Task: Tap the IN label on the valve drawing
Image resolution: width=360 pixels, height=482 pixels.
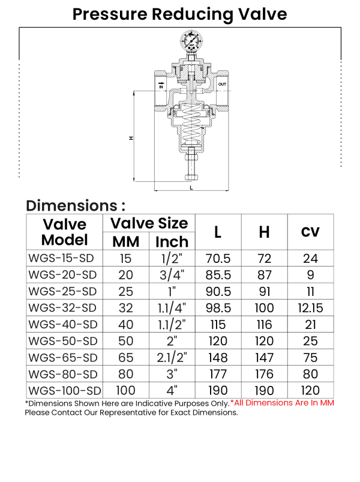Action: (x=161, y=85)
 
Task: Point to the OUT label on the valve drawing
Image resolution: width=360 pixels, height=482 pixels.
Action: (x=222, y=84)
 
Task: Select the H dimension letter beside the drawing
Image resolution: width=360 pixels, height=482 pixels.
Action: (x=131, y=138)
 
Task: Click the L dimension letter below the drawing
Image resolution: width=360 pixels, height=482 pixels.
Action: (x=191, y=187)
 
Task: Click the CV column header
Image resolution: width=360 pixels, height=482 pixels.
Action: (x=310, y=232)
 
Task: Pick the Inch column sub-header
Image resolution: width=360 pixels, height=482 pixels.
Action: (x=172, y=241)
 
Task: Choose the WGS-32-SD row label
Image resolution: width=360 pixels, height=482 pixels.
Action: (x=62, y=308)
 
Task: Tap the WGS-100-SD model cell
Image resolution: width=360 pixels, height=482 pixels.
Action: (x=64, y=390)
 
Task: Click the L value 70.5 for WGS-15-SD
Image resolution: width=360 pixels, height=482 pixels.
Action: (x=218, y=259)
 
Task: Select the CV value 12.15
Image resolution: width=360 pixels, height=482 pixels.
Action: (x=310, y=308)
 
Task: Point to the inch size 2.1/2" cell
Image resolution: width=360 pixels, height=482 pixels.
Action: (x=172, y=357)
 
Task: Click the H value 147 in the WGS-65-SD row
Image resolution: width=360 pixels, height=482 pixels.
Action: (x=264, y=357)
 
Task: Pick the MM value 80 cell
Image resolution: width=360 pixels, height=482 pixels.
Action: (x=126, y=373)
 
